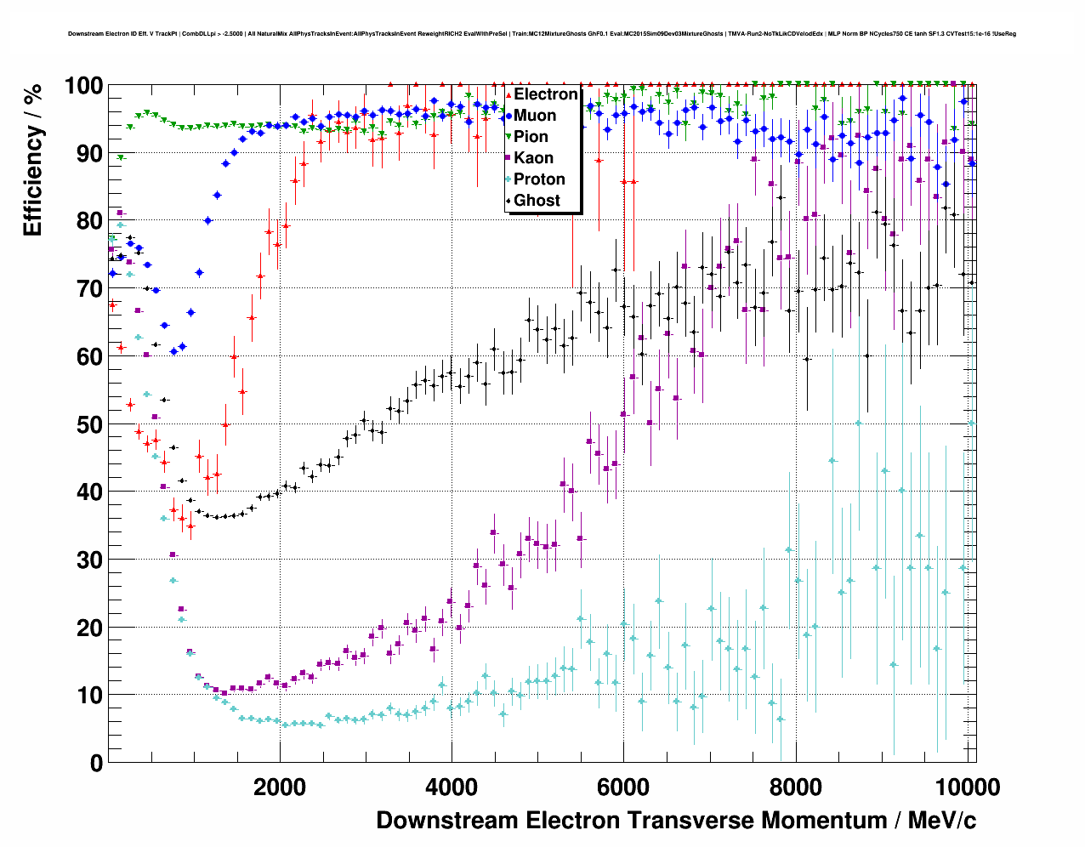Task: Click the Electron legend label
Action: click(x=546, y=94)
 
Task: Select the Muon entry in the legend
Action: click(x=535, y=116)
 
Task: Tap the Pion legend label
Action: click(x=531, y=137)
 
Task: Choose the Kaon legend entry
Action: click(x=533, y=158)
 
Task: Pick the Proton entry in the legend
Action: click(x=539, y=179)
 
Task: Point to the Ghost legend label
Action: click(x=537, y=201)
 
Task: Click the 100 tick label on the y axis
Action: click(x=84, y=86)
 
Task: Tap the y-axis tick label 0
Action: click(x=96, y=763)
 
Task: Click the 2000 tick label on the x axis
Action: click(x=280, y=787)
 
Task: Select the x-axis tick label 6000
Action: click(x=623, y=787)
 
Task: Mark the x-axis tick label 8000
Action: click(x=795, y=787)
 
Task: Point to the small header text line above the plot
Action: click(x=542, y=34)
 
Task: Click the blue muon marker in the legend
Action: click(x=508, y=116)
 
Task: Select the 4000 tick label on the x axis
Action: click(x=452, y=787)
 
